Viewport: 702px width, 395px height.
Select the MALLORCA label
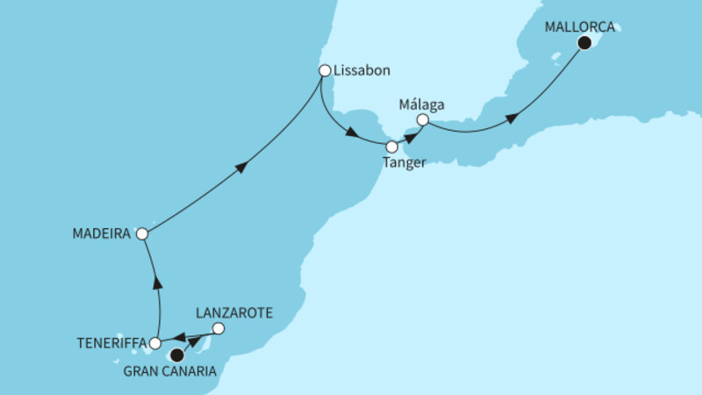click(580, 26)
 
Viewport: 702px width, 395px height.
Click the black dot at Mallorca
click(584, 44)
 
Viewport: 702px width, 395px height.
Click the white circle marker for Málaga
click(422, 119)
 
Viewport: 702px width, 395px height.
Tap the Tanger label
click(405, 163)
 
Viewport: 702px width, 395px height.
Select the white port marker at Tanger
click(392, 147)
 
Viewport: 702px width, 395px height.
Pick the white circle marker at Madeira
click(142, 234)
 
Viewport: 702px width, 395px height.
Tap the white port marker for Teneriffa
click(155, 343)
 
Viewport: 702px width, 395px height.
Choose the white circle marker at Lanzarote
click(218, 329)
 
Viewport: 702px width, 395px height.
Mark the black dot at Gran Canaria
click(176, 355)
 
